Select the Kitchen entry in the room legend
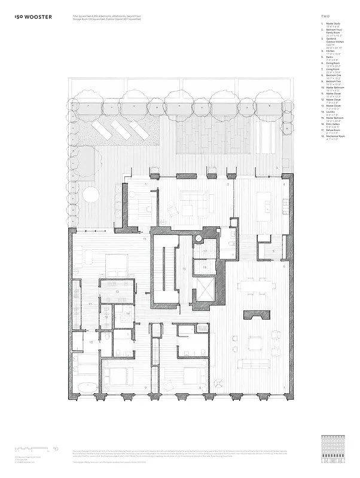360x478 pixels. (x=330, y=51)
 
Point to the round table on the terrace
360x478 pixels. (x=90, y=194)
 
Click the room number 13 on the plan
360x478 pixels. (x=117, y=291)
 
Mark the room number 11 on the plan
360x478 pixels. (x=90, y=304)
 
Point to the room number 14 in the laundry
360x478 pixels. (x=127, y=313)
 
